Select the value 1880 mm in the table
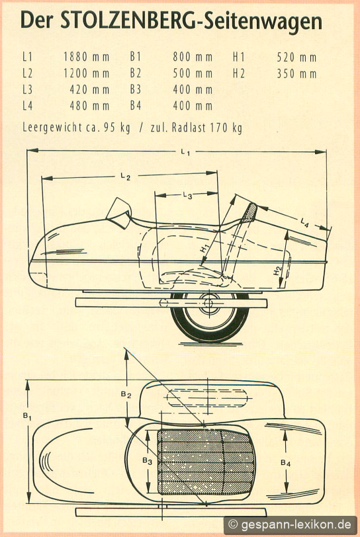[x=87, y=57]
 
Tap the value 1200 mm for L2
[x=87, y=73]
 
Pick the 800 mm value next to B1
[x=193, y=57]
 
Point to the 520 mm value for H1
[x=296, y=57]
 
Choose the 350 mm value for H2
[x=296, y=73]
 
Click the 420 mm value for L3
[x=89, y=90]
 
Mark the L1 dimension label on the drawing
[x=185, y=153]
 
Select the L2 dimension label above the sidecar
[x=126, y=177]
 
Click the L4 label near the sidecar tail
[x=304, y=223]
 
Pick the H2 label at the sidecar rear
[x=277, y=270]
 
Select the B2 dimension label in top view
[x=126, y=395]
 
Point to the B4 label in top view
[x=286, y=464]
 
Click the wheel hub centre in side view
[x=209, y=303]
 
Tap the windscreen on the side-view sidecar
[x=119, y=212]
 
